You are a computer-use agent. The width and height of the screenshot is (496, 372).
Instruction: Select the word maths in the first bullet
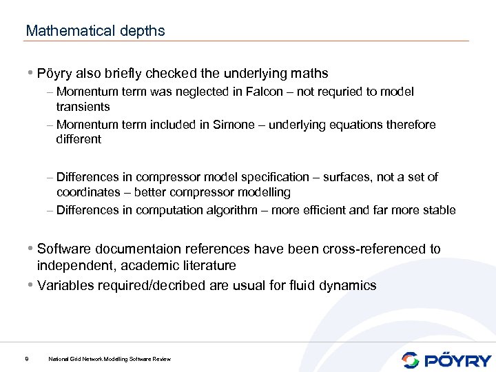[310, 73]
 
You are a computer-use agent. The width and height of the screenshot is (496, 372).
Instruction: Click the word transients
[83, 107]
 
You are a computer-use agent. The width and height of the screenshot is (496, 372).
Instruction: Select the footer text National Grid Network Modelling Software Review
[110, 359]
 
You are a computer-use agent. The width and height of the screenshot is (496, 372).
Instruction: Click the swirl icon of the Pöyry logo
[410, 360]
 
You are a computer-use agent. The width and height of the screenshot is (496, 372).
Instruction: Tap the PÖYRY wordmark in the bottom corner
[457, 360]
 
